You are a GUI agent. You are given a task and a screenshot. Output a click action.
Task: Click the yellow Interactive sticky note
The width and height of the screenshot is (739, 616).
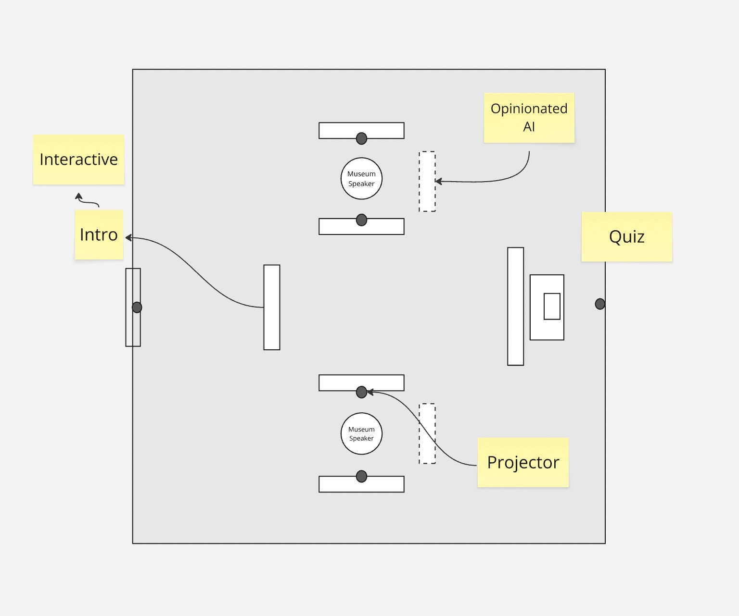click(x=78, y=160)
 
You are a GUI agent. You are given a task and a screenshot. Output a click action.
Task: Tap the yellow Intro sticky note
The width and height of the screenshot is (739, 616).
click(x=99, y=234)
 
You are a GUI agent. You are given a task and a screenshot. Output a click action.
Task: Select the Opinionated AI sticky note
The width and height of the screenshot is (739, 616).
click(x=529, y=118)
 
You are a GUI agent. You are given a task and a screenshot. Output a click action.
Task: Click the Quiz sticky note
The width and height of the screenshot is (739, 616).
click(x=626, y=237)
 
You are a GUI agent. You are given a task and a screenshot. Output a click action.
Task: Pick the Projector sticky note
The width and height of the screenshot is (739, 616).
click(x=523, y=462)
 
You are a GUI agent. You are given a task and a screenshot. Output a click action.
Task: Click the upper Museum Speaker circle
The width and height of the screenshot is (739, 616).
click(x=361, y=178)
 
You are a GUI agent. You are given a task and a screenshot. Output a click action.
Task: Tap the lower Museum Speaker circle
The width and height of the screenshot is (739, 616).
click(x=361, y=433)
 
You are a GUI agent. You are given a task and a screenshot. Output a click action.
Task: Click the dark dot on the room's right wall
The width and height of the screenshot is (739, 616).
click(x=600, y=304)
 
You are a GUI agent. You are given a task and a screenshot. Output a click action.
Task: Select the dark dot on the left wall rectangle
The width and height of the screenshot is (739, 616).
click(x=137, y=307)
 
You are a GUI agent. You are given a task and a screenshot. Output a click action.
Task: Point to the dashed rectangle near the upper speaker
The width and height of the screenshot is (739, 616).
click(x=427, y=182)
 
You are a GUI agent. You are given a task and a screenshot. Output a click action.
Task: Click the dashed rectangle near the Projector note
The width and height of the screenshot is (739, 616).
click(x=427, y=433)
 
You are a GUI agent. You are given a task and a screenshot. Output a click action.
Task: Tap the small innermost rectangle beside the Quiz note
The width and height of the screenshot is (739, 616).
click(x=552, y=306)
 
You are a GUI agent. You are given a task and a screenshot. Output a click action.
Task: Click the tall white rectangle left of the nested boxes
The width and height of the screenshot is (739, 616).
click(x=515, y=306)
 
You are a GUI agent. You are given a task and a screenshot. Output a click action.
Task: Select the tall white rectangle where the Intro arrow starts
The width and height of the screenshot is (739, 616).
click(x=272, y=307)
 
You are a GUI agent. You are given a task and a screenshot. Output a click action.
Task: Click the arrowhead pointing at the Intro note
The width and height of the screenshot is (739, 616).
click(x=128, y=237)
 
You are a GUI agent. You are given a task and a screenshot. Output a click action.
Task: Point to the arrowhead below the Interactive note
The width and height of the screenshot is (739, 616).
click(x=78, y=196)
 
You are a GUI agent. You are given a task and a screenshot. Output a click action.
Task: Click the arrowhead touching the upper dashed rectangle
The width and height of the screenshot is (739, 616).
click(x=438, y=181)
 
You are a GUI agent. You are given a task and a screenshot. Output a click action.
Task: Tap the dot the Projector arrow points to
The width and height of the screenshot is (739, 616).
click(x=361, y=392)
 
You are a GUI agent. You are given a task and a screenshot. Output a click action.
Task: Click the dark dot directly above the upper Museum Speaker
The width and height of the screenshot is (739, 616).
click(x=361, y=138)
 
